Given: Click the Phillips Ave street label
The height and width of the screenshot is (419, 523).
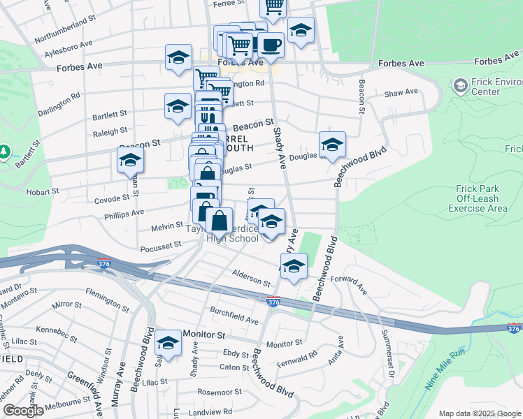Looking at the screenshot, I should [124, 212].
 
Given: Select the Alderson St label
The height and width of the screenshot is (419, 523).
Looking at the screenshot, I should [251, 277].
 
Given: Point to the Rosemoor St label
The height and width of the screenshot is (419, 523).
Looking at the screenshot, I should [220, 392].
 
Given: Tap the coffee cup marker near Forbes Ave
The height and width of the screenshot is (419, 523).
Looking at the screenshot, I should [271, 45].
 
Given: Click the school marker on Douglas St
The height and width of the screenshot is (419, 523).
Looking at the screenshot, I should [332, 145].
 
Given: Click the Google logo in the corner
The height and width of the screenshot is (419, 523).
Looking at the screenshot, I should [23, 411].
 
